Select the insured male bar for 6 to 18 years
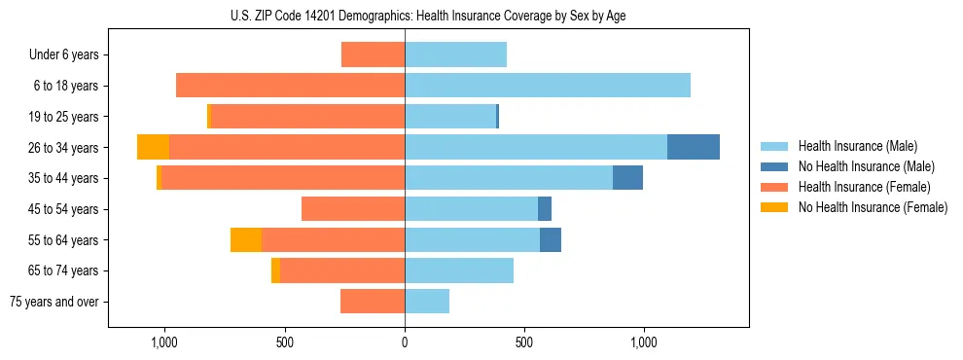(x=548, y=86)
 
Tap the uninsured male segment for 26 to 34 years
(x=694, y=147)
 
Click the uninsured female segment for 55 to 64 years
(x=246, y=240)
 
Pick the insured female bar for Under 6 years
(x=373, y=54)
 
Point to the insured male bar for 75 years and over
(x=427, y=302)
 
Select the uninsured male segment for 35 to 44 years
(x=627, y=178)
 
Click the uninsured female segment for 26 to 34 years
(x=153, y=147)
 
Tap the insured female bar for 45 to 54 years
(x=353, y=209)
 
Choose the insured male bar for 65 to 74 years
(x=459, y=270)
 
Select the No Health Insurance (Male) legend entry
(x=866, y=166)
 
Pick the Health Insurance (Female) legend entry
(x=864, y=187)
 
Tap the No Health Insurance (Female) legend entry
(x=873, y=207)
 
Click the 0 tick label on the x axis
(x=405, y=342)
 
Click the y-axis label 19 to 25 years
(x=63, y=117)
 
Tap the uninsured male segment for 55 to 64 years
(x=551, y=240)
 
